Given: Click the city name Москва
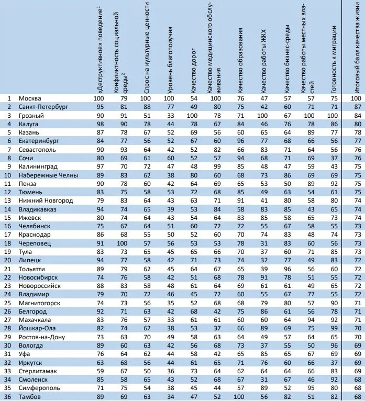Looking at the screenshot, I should [30, 98].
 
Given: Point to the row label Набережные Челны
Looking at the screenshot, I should [48, 175].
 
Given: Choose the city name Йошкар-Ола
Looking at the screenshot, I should [37, 329].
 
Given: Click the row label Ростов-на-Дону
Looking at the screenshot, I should [41, 337].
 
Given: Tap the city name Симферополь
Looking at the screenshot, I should [40, 388].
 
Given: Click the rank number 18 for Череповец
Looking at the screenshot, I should [8, 243].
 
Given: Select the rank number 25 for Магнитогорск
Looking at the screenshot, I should [8, 303].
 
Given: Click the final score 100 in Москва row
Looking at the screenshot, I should [356, 98].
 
